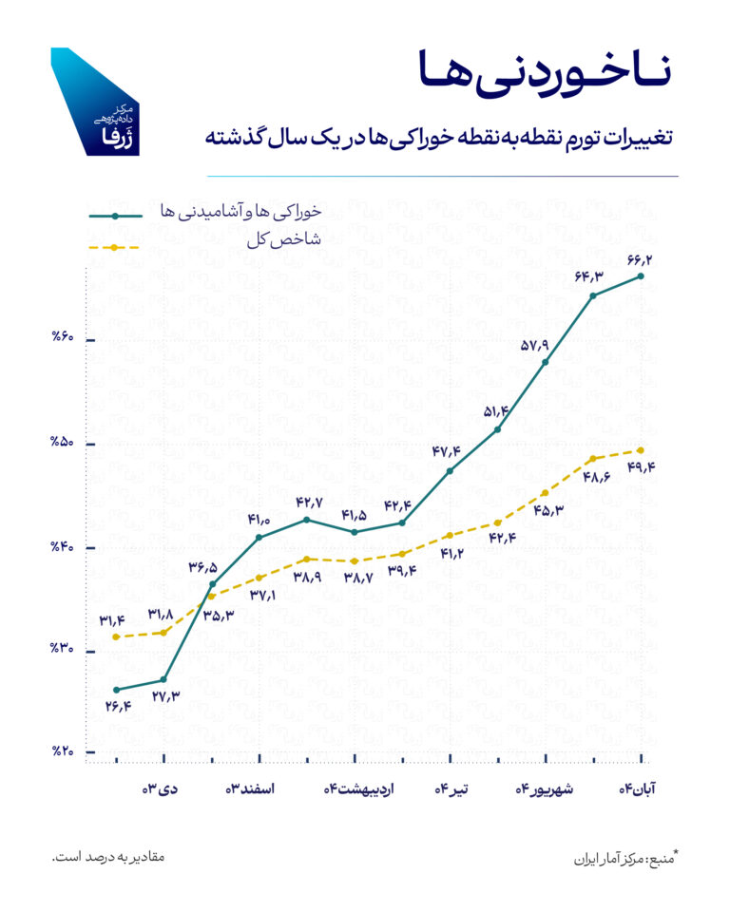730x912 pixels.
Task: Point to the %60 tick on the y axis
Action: click(68, 339)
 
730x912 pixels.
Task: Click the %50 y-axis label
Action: click(68, 444)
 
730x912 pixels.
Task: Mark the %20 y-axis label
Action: click(68, 752)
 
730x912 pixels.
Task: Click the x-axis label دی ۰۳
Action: click(162, 789)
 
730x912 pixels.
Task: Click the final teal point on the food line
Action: click(641, 276)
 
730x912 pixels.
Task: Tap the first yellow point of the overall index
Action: click(115, 636)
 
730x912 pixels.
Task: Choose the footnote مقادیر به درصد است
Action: click(108, 857)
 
